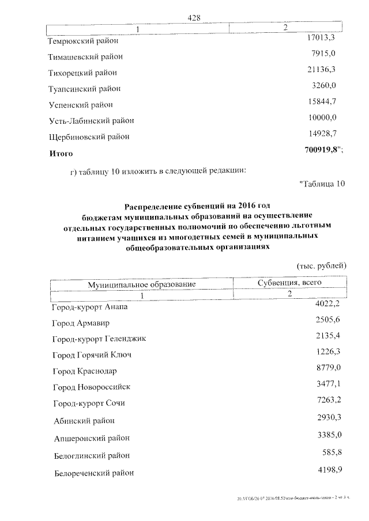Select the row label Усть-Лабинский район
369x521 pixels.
coord(91,121)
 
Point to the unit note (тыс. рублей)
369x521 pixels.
coord(321,266)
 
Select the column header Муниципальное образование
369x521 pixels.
coord(142,284)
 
